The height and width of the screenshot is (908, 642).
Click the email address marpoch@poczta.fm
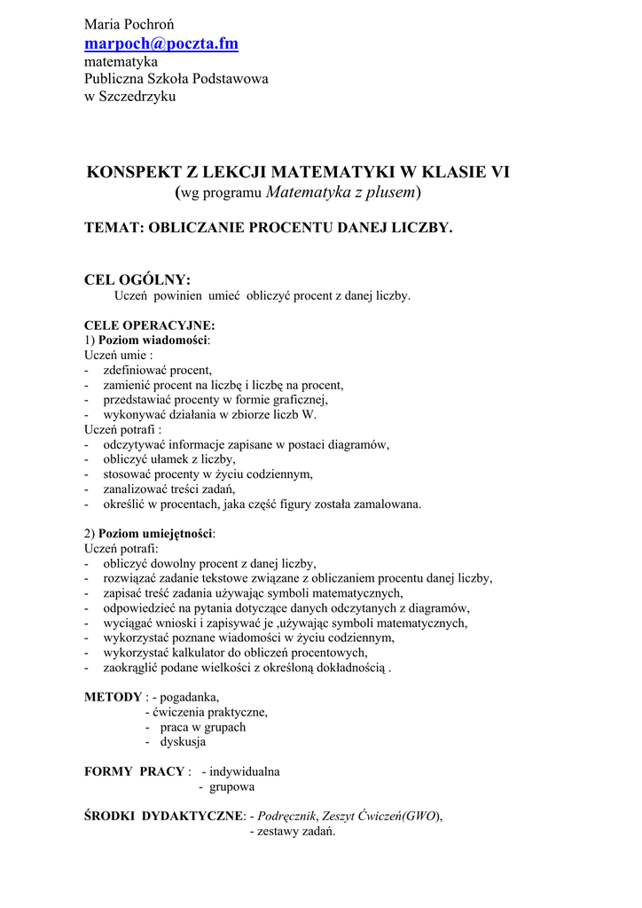161,43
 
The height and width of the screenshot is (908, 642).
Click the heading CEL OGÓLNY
137,280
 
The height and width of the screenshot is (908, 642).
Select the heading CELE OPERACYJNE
149,325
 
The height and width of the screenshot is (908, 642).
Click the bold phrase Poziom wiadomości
153,340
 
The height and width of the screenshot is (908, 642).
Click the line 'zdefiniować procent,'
158,370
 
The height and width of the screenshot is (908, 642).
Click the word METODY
113,697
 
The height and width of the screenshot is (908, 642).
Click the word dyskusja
183,741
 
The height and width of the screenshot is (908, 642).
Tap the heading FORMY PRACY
135,771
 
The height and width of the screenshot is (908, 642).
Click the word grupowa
231,787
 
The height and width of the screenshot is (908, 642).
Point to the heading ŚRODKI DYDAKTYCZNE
163,817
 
